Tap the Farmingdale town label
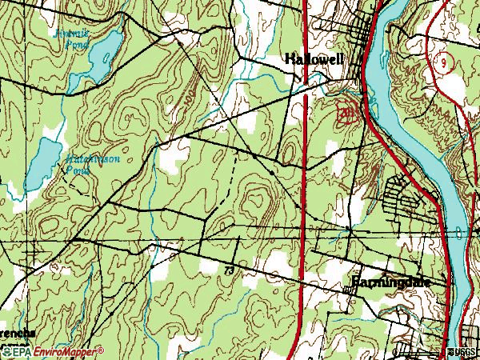pyautogui.click(x=392, y=282)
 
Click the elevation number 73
pyautogui.click(x=230, y=272)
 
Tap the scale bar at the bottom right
pyautogui.click(x=420, y=351)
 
